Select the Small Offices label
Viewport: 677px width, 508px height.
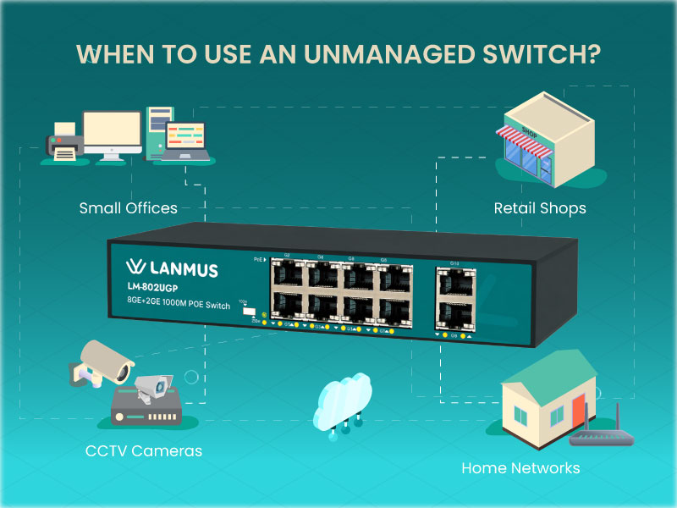click(129, 207)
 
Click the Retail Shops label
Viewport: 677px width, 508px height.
click(540, 207)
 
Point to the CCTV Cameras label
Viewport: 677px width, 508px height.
click(144, 450)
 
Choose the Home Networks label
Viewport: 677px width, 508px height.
click(520, 467)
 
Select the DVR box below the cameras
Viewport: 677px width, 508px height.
click(146, 410)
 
